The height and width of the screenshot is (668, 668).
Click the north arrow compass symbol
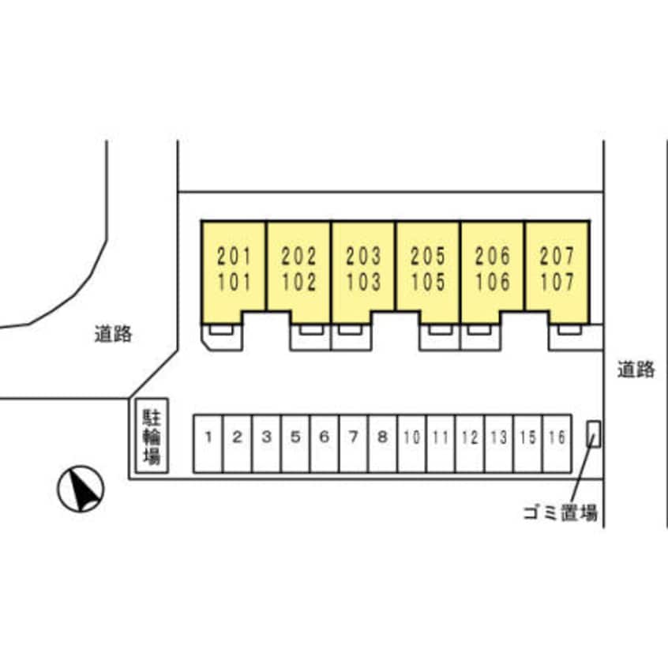(81, 490)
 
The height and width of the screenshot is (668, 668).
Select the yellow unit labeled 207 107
(557, 268)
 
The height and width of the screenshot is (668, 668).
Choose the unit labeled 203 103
(363, 268)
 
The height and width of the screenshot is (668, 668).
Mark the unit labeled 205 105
(428, 268)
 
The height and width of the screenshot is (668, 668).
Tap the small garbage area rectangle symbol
(592, 434)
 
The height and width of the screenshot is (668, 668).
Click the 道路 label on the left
(113, 335)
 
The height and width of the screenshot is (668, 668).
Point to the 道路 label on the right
(636, 370)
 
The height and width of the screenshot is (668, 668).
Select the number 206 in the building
(493, 257)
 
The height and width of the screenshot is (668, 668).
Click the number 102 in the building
(298, 282)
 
